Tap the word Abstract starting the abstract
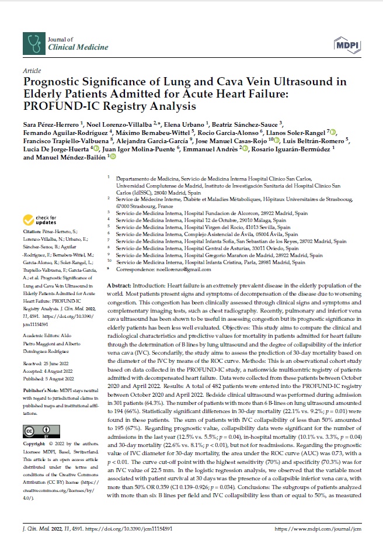(x=120, y=283)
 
